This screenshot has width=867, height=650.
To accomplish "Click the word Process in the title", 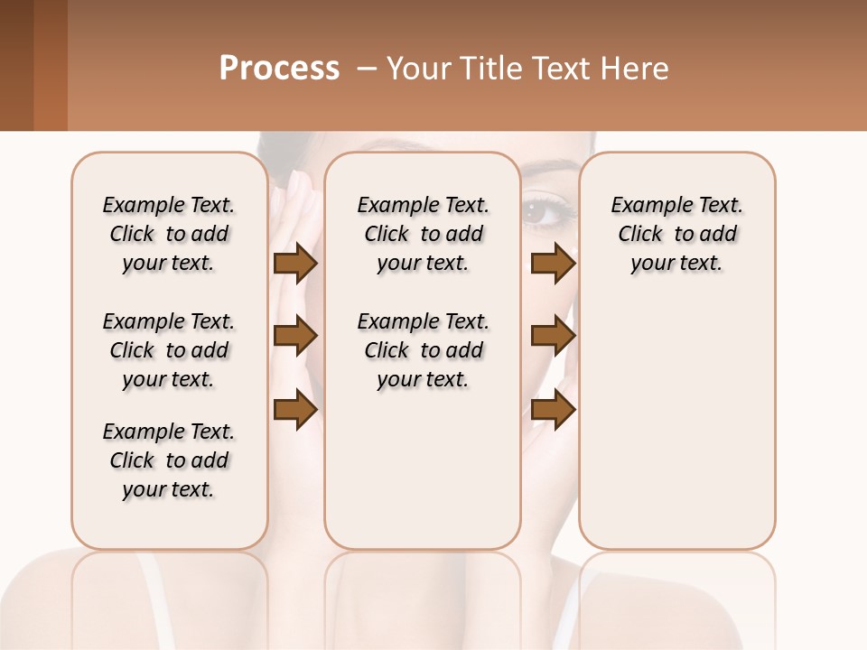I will (279, 69).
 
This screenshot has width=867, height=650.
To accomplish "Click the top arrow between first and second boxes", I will (295, 264).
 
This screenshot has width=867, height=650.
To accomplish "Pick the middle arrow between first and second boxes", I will (295, 337).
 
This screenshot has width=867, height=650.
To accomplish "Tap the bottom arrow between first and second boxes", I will (295, 411).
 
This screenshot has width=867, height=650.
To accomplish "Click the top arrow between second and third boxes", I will (553, 264).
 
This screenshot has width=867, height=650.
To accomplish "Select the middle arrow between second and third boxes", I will (553, 337).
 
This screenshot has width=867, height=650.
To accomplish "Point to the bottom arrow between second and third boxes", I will (553, 411).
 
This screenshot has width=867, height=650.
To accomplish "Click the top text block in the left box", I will (169, 234).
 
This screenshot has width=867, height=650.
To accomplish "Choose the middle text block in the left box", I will (169, 350).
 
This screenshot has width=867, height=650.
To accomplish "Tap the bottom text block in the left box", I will (169, 460).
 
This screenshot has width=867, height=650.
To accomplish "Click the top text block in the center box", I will (423, 234).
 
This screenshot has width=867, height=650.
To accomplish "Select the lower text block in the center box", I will (423, 350).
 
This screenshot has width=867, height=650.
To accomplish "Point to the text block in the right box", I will (676, 234).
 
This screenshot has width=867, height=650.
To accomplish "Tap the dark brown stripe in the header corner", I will (16, 65).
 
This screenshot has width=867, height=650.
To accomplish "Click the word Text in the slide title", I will (551, 69).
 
